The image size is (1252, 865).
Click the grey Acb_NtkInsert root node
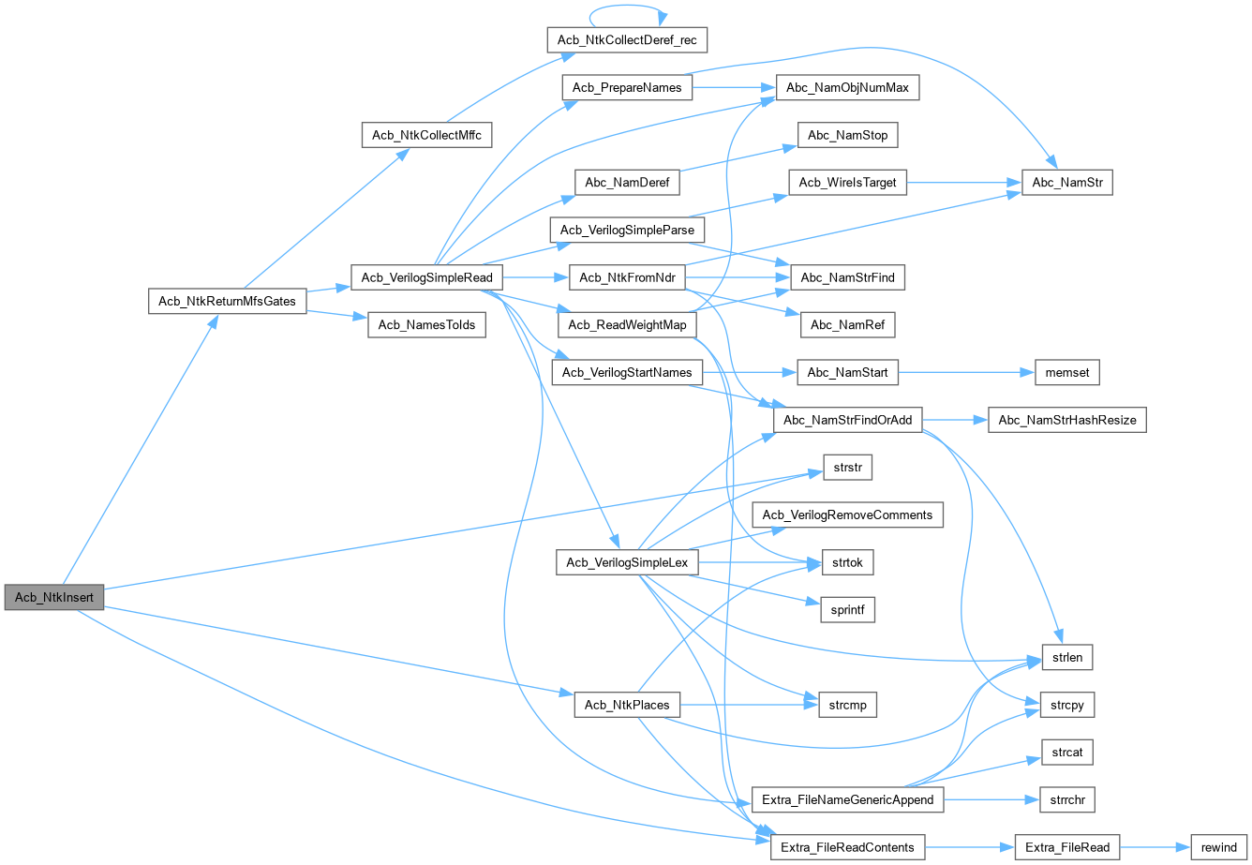53,597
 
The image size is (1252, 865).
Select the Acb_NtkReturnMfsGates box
228,301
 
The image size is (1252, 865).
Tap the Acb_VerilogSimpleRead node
426,277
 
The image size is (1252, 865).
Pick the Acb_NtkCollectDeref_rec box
626,39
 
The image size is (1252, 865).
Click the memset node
1066,372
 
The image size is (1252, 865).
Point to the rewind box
1218,847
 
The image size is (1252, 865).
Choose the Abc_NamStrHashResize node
1067,420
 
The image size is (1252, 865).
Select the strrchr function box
1066,799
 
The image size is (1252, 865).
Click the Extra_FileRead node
1067,847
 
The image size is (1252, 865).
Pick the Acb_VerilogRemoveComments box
847,515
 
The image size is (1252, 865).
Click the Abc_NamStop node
847,135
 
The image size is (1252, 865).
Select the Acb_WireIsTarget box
848,183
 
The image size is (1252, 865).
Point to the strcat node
1066,753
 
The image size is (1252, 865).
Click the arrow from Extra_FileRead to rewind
1155,847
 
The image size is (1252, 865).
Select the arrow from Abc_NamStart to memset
965,372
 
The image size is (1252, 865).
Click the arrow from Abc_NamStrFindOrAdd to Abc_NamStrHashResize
956,420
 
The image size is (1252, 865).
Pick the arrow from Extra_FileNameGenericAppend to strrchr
992,799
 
